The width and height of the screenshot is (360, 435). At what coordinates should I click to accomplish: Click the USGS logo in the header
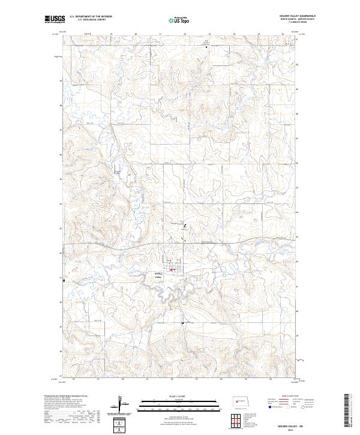[55, 19]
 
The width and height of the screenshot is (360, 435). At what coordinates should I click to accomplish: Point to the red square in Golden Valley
[172, 269]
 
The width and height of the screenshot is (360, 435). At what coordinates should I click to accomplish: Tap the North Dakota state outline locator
[243, 400]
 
